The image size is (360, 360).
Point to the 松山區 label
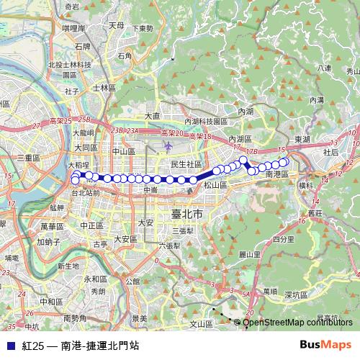click(x=215, y=184)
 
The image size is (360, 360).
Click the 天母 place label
click(x=116, y=25)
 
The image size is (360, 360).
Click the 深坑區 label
click(x=297, y=294)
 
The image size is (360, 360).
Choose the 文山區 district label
click(x=201, y=324)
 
